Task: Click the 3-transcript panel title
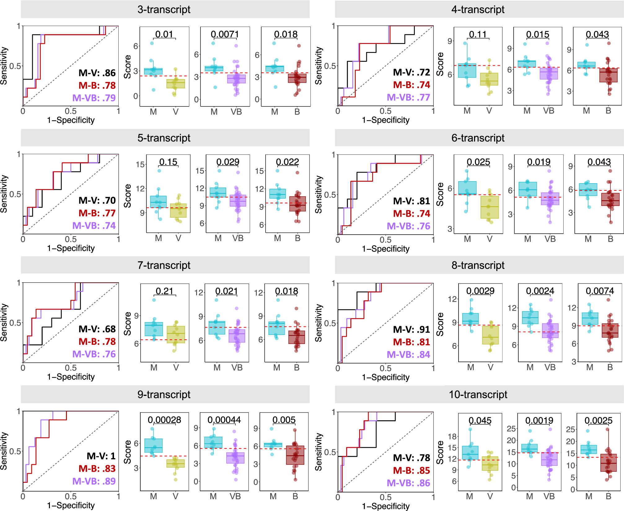[x=164, y=10]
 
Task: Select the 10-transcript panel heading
[x=478, y=395]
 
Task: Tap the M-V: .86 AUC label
[x=97, y=73]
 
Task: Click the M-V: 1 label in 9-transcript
[x=101, y=456]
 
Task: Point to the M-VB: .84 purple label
[x=408, y=354]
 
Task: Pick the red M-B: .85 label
[x=411, y=470]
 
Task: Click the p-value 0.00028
[x=164, y=420]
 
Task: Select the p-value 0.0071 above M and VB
[x=225, y=34]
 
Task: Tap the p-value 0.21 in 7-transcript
[x=164, y=291]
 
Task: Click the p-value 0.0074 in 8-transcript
[x=600, y=291]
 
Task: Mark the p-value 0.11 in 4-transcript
[x=478, y=34]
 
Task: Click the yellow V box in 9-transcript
[x=175, y=463]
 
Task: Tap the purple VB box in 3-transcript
[x=236, y=79]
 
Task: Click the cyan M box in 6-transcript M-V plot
[x=467, y=188]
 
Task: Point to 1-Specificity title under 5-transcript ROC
[x=71, y=248]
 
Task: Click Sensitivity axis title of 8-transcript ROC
[x=318, y=323]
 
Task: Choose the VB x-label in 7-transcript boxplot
[x=237, y=368]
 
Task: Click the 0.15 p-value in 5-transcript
[x=168, y=162]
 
